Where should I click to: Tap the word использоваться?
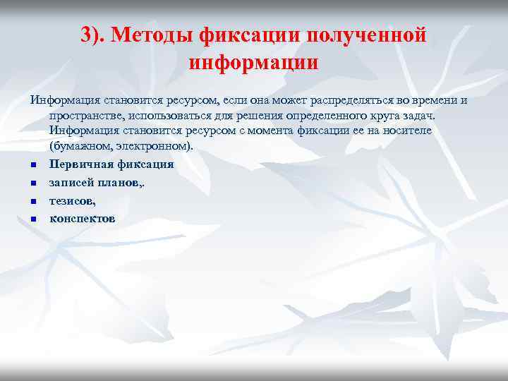point(164,115)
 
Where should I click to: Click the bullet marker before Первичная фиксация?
point(33,166)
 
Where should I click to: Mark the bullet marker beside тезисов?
point(33,202)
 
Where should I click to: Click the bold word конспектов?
point(82,218)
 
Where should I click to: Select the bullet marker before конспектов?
point(33,219)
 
